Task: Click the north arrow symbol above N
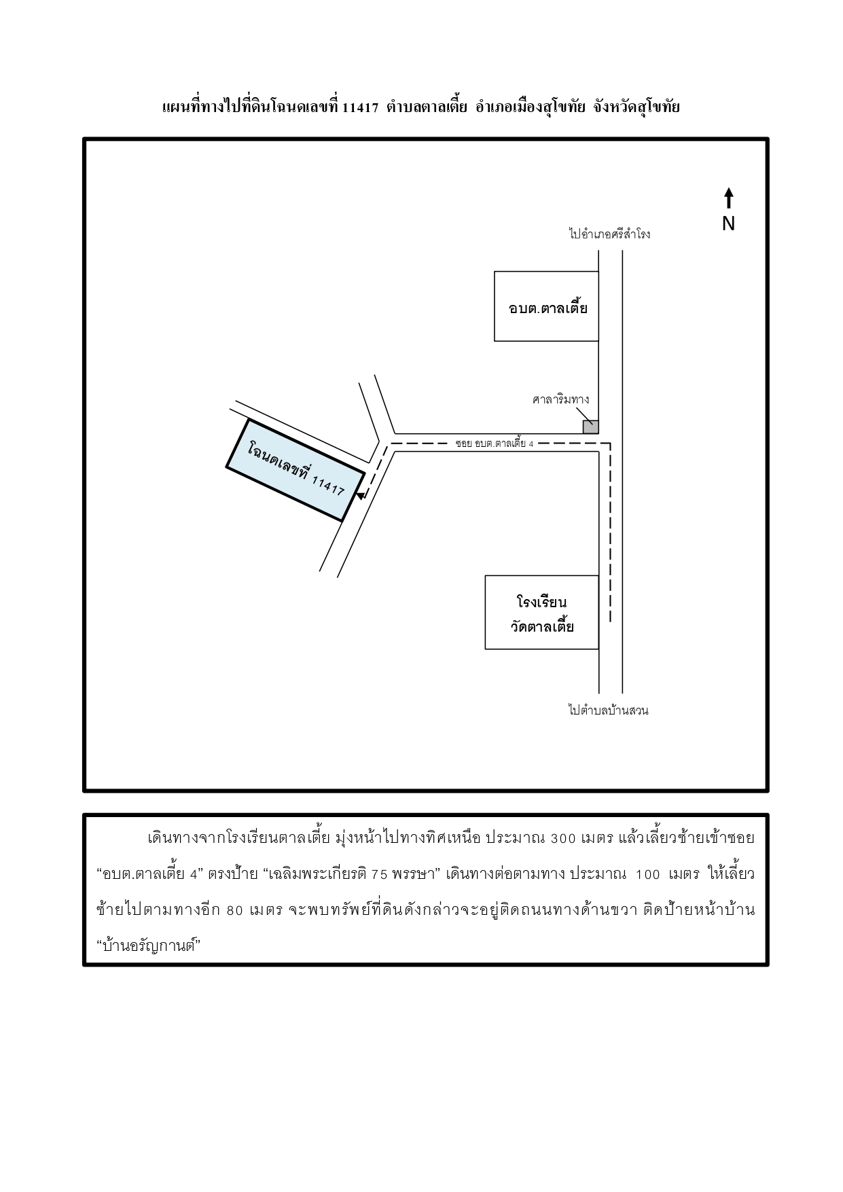click(728, 198)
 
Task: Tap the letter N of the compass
click(728, 223)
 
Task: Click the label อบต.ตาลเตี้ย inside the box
click(548, 308)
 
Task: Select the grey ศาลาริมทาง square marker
click(590, 427)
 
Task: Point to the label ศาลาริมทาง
click(560, 399)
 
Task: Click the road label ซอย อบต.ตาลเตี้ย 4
click(495, 444)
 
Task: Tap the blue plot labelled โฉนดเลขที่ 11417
click(295, 470)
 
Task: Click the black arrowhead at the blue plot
click(361, 496)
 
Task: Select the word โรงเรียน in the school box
click(541, 602)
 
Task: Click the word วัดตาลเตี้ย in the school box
click(542, 626)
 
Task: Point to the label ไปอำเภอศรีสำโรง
click(609, 234)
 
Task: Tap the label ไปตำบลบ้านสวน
click(609, 710)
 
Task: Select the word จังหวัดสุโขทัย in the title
click(636, 107)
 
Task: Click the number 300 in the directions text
click(562, 837)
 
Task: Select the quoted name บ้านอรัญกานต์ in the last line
click(147, 945)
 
